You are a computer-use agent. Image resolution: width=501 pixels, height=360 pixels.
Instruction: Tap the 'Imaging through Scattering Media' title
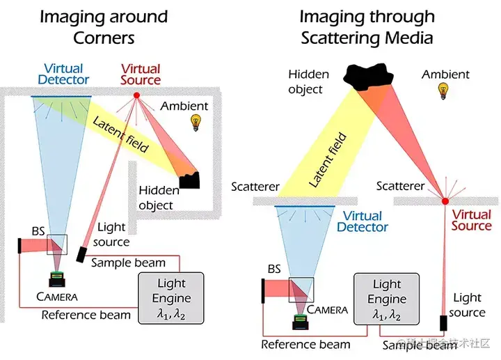click(x=367, y=26)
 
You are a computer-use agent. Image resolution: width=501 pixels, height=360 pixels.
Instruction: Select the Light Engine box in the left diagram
click(x=171, y=297)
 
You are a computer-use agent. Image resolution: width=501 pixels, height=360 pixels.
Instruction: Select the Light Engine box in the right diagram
click(x=387, y=298)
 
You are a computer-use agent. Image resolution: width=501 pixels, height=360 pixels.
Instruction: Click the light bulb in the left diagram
click(x=197, y=123)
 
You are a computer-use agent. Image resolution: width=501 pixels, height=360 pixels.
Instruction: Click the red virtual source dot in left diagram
click(x=136, y=95)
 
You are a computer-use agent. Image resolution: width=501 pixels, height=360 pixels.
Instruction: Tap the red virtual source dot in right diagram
click(x=445, y=202)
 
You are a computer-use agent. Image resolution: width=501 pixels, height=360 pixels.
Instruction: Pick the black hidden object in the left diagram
click(x=189, y=180)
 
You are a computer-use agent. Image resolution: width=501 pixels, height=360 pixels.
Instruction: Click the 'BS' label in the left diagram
click(x=38, y=230)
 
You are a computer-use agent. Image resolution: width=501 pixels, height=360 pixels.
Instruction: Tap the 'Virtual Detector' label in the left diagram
click(x=63, y=74)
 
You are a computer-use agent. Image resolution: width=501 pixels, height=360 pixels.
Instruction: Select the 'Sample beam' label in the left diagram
click(x=128, y=263)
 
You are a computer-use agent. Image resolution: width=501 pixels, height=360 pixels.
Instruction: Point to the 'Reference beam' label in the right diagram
click(x=305, y=345)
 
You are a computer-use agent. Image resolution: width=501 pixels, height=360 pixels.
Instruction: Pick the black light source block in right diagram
click(x=443, y=323)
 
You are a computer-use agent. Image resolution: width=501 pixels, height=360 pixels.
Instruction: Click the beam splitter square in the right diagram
click(x=301, y=290)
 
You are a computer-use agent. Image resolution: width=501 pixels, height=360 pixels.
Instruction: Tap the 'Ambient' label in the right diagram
click(x=445, y=74)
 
